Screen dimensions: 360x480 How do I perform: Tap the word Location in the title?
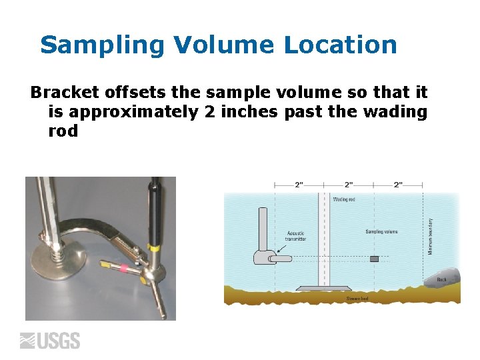click(341, 45)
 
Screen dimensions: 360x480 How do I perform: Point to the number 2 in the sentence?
click(210, 111)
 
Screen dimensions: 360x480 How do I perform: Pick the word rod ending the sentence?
click(63, 131)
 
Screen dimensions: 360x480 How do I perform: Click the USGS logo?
click(51, 341)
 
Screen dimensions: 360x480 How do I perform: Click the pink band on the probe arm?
click(123, 270)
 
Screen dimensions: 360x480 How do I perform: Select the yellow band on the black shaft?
click(153, 249)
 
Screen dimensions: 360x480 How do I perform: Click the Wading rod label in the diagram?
click(344, 199)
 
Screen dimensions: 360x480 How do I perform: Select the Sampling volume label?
click(381, 232)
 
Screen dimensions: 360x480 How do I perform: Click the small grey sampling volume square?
click(375, 258)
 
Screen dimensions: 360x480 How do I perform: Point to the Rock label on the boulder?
click(441, 279)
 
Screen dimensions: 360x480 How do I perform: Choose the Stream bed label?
click(357, 299)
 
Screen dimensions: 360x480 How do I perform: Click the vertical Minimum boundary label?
click(431, 236)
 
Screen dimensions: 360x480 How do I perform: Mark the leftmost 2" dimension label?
click(299, 185)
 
